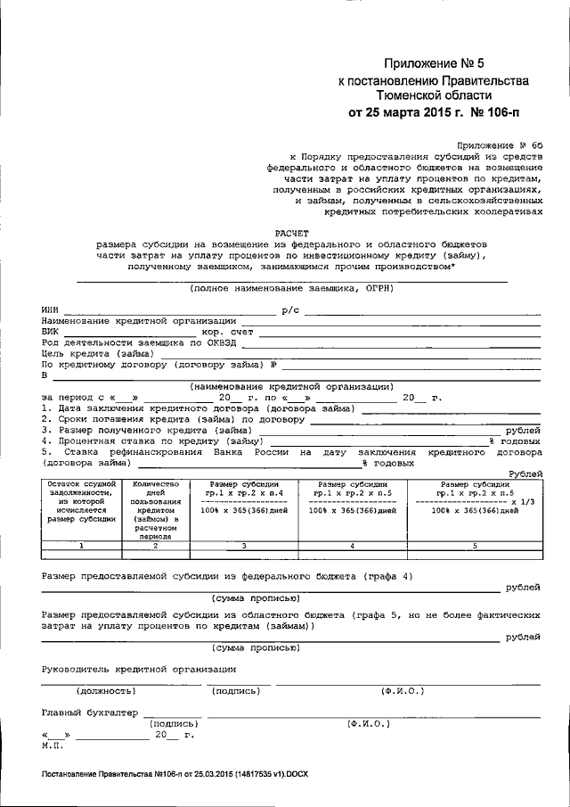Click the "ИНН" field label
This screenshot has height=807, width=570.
point(50,309)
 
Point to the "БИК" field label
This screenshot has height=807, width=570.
point(50,331)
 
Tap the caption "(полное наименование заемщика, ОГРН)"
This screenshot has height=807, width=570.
point(291,288)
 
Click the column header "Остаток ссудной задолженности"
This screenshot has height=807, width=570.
point(81,499)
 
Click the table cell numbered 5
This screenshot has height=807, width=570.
point(474,545)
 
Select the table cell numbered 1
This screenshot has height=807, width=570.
point(81,545)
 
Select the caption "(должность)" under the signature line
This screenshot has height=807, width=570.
point(105,690)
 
